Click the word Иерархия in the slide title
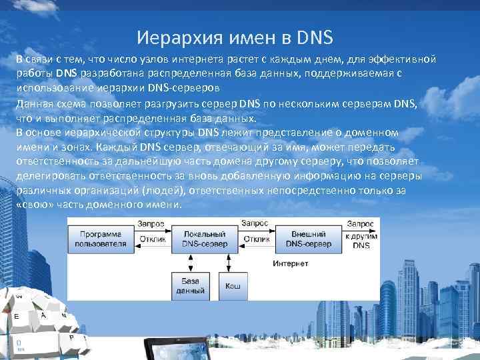170,35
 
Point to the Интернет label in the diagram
291,263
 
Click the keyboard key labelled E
16,317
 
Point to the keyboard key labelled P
70,339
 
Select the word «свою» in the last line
33,203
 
